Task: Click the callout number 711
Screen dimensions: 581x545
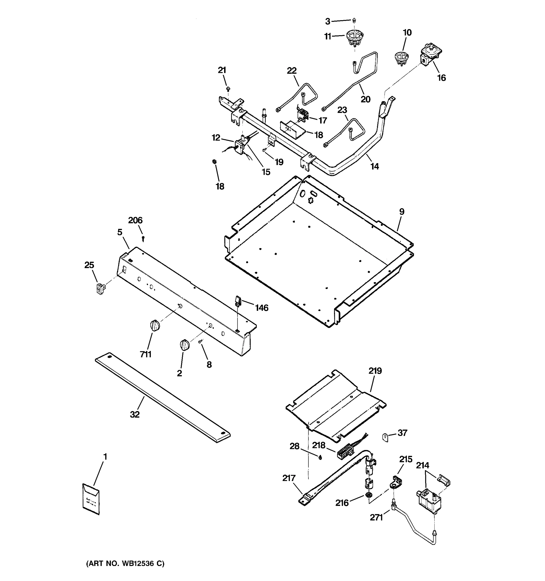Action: [146, 354]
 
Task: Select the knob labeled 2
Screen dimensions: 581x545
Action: [185, 345]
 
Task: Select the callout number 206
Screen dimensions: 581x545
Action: [135, 220]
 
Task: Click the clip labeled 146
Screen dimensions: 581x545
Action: [238, 301]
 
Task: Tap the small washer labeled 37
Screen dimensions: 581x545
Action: [385, 437]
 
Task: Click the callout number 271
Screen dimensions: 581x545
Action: [376, 517]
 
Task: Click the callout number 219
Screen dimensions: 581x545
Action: [375, 371]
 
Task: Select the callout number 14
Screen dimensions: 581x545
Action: [374, 166]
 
